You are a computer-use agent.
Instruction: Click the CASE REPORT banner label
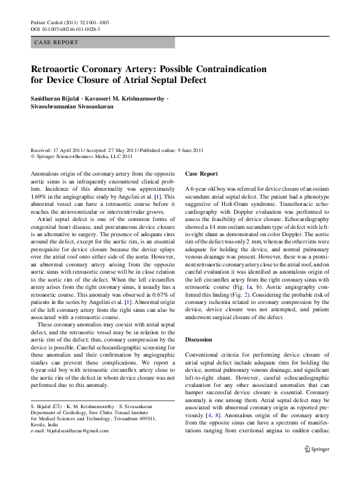pyautogui.click(x=56, y=42)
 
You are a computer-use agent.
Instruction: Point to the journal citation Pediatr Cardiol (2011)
pyautogui.click(x=54, y=22)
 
